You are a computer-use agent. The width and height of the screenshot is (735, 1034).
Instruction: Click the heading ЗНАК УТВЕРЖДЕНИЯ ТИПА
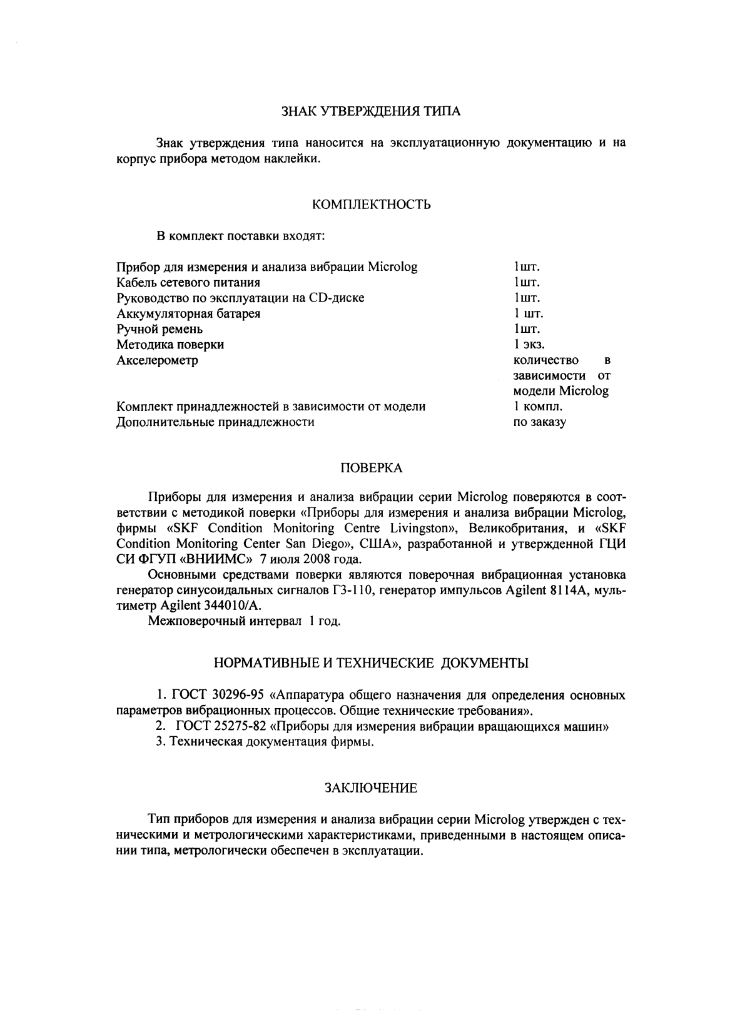[x=371, y=112]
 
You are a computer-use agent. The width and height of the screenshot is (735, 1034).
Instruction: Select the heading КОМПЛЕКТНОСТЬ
[x=371, y=205]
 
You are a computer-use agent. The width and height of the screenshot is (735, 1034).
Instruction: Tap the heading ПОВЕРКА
[x=371, y=468]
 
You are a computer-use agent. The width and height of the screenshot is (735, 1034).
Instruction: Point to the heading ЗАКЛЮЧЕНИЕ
[x=371, y=789]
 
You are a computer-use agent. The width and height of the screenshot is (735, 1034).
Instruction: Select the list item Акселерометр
[x=157, y=360]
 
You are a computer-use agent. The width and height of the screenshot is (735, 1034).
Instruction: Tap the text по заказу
[x=539, y=422]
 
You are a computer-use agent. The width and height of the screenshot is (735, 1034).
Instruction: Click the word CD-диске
[x=337, y=298]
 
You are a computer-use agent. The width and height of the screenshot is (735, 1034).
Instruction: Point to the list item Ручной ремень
[x=160, y=329]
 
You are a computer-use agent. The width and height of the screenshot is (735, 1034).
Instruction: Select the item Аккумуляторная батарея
[x=188, y=313]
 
